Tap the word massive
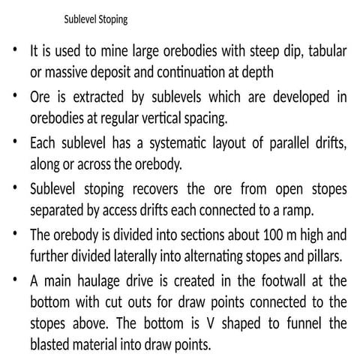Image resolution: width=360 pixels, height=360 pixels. (x=71, y=73)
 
